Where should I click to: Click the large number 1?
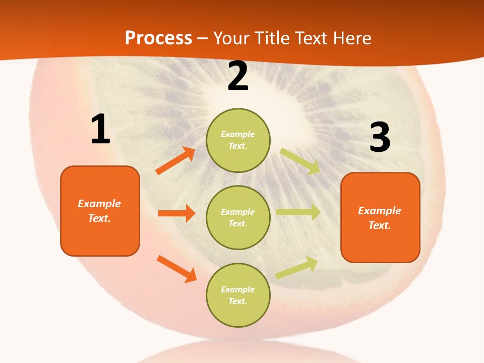tap(100, 130)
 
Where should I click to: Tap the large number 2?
tap(238, 77)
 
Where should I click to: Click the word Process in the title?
tap(158, 38)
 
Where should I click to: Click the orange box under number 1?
tap(100, 211)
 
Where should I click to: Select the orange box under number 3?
tap(380, 217)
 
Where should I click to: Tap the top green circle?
tap(238, 140)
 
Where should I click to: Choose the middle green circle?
tap(238, 217)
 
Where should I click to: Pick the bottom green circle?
tap(238, 295)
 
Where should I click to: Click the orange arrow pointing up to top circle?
tap(175, 161)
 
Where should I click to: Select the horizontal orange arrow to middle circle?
tap(176, 213)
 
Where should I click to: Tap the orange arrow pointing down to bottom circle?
tap(176, 269)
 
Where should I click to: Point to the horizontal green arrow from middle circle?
tap(298, 212)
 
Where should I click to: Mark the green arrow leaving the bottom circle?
tap(297, 267)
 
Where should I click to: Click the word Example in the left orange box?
tap(99, 204)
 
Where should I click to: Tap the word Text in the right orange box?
tap(379, 225)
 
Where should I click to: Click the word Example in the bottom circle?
tap(238, 289)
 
